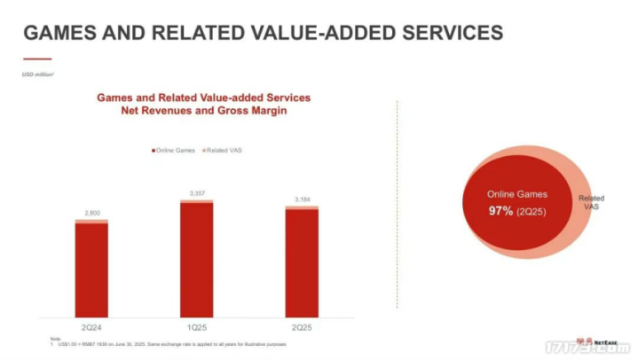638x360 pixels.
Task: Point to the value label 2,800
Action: pos(91,213)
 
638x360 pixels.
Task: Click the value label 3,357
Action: pos(196,192)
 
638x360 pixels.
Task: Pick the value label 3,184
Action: pos(301,199)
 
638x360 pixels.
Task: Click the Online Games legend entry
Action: pos(175,150)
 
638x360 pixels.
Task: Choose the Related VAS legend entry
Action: pos(225,150)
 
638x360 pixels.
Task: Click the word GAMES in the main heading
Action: pos(60,34)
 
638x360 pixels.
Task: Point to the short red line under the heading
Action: pos(37,59)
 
